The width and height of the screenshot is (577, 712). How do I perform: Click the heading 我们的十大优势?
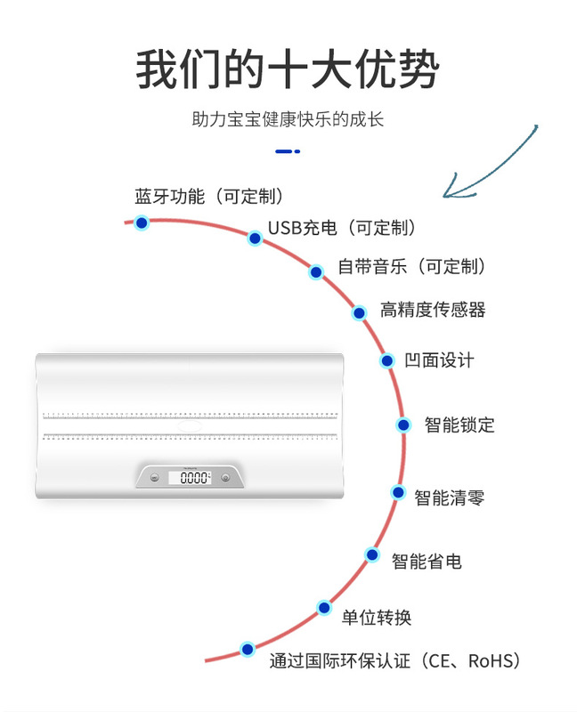tap(288, 70)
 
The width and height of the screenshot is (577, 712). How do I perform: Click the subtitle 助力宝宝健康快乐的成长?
tap(288, 119)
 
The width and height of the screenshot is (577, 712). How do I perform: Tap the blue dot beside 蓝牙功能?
tap(142, 222)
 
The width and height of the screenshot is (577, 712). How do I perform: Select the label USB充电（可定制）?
tap(342, 229)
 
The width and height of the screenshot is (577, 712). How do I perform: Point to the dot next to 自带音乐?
tap(316, 271)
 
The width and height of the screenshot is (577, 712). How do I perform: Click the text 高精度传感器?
tap(433, 311)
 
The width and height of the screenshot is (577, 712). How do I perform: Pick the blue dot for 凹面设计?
tap(387, 360)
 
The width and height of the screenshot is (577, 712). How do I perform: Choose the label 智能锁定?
tap(459, 425)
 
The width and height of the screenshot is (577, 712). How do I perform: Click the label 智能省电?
tap(427, 562)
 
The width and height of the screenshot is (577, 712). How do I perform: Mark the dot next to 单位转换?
tap(324, 608)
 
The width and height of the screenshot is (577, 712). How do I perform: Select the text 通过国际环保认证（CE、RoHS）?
tap(394, 661)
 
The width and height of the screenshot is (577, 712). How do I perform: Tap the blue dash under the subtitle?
tap(288, 152)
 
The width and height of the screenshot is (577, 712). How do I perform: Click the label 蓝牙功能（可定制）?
tap(209, 195)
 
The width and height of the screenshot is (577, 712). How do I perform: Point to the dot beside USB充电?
tap(255, 238)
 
